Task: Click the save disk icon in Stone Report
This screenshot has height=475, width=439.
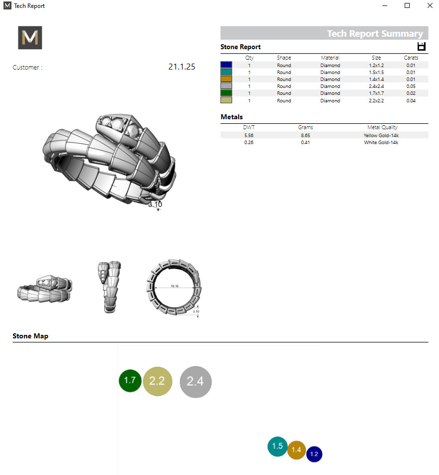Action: point(422,47)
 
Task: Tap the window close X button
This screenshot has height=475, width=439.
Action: point(430,5)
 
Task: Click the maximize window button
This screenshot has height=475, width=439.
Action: point(407,5)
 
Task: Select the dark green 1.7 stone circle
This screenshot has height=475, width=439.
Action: point(130,381)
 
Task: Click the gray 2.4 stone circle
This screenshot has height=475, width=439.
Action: point(195,382)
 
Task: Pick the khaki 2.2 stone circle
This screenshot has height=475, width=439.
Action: point(157,381)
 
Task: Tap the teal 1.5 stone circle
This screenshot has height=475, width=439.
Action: point(277,446)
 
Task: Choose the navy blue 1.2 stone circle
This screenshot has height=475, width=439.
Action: point(314,454)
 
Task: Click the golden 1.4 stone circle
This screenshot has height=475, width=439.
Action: point(296,450)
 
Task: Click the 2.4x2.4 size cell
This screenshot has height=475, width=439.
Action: point(376,86)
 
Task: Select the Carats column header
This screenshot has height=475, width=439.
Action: point(411,58)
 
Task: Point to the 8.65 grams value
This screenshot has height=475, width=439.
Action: point(305,135)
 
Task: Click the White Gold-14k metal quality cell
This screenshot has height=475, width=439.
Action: point(381,143)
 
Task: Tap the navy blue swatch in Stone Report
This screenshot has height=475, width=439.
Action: point(226,65)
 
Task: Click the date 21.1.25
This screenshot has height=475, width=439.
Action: point(181,67)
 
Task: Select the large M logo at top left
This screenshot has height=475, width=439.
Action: point(30,38)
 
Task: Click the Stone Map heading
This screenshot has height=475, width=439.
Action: point(30,336)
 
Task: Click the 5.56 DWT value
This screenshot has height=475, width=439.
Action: point(249,135)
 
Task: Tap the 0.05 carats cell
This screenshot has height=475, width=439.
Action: point(411,86)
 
